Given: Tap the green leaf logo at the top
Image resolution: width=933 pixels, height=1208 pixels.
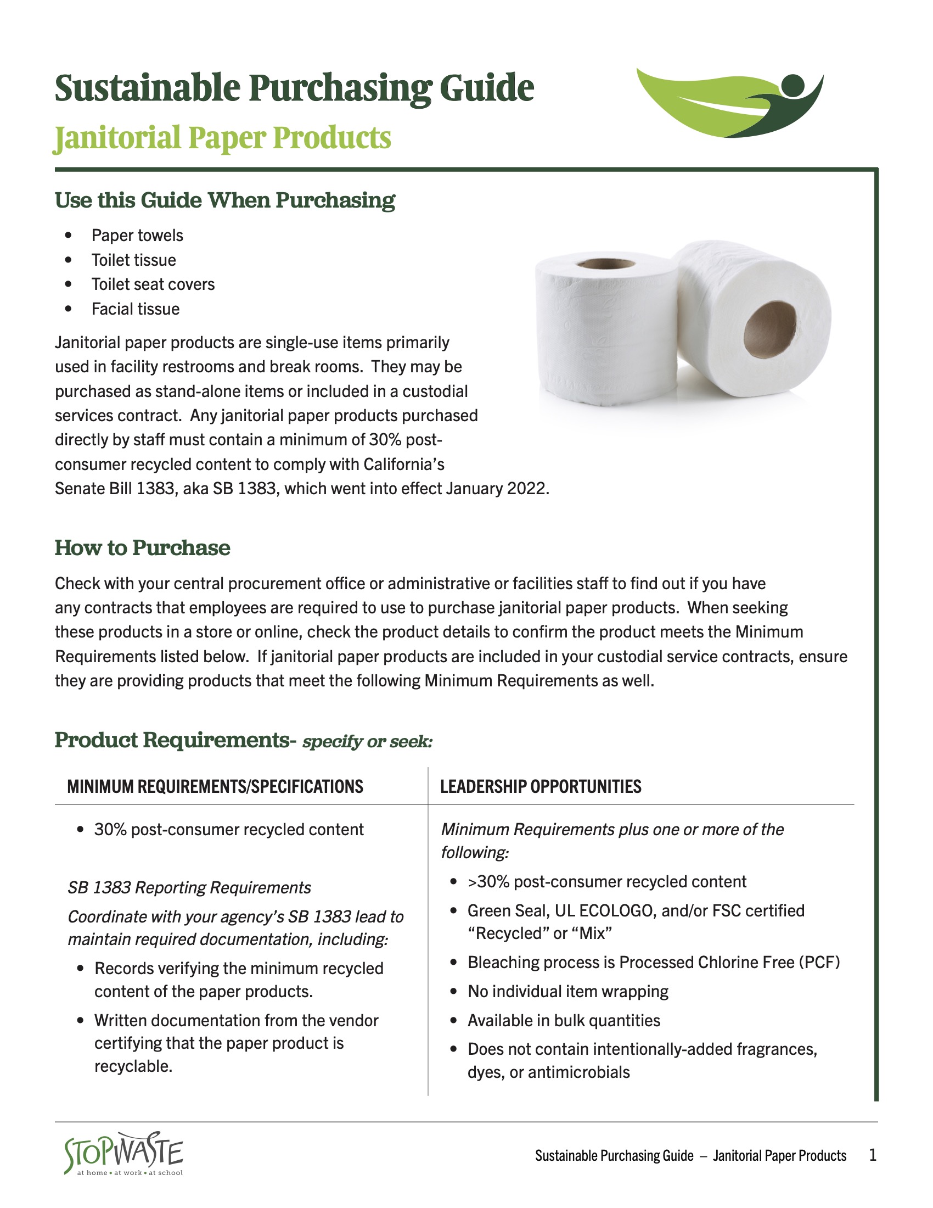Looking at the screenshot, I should coord(729,103).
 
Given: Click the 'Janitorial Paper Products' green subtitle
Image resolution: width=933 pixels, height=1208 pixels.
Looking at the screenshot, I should coord(223,138).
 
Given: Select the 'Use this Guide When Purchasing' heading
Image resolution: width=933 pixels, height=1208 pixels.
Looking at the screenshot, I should coord(225,200).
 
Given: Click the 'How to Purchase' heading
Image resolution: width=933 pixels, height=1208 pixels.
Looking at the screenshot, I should coord(142,547).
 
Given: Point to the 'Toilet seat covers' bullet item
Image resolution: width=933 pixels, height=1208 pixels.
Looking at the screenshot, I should coord(153,284).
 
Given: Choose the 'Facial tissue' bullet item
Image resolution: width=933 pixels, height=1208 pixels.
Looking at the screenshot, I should coord(136,309).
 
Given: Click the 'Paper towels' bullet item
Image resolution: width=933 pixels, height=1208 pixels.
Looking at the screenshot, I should coord(137,236).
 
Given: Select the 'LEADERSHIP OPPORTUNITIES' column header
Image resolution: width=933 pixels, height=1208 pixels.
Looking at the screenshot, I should coord(541,786).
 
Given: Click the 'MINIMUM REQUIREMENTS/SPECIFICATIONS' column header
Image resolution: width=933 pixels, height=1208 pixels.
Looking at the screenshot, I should coord(215,786).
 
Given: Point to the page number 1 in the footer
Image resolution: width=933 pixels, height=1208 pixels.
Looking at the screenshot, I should coord(873,1155).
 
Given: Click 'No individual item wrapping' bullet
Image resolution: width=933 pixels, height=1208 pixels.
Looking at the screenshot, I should coord(567,991).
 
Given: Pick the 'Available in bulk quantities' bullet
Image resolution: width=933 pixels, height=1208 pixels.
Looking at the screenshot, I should coord(564,1020).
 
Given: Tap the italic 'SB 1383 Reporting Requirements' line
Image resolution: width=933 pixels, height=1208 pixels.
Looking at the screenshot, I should coord(189,888).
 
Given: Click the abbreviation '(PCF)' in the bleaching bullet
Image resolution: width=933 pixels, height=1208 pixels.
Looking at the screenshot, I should coord(819,963).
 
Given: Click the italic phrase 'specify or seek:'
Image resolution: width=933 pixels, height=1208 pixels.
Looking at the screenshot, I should coord(367,742).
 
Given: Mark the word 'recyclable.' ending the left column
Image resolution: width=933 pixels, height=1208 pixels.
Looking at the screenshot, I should coord(133,1066).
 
